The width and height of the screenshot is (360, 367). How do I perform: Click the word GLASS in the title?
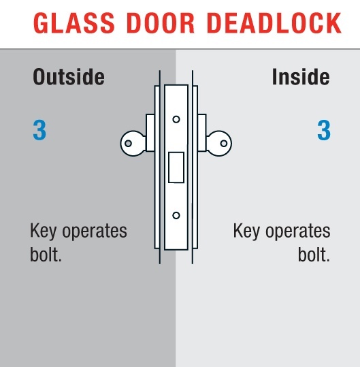tap(74, 23)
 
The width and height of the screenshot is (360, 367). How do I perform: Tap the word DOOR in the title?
tap(161, 23)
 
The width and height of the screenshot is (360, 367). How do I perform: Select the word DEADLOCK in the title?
tap(274, 23)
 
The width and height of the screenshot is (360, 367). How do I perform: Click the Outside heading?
tap(69, 77)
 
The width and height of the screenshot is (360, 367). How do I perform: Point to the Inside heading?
tap(301, 77)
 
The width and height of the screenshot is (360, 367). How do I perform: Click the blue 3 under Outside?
tap(39, 130)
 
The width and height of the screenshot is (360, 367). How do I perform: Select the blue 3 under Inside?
tap(324, 130)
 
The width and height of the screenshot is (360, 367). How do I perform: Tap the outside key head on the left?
tap(133, 143)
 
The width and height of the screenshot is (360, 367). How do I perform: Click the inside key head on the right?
tap(219, 143)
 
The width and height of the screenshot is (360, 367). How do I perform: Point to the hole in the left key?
tap(128, 143)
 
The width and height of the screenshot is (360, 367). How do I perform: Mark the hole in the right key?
tap(224, 143)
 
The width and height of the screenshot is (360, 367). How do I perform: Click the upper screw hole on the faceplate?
tap(176, 119)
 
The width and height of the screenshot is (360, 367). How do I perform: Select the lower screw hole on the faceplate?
tap(176, 215)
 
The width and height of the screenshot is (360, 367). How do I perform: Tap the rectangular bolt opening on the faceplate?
tap(176, 167)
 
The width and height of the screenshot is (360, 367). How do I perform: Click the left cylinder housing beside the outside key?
tap(150, 133)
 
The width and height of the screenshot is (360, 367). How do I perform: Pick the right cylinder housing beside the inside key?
tap(202, 133)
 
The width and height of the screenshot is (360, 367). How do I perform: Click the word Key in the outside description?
tap(44, 232)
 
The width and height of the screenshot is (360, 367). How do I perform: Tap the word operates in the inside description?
tap(298, 232)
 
